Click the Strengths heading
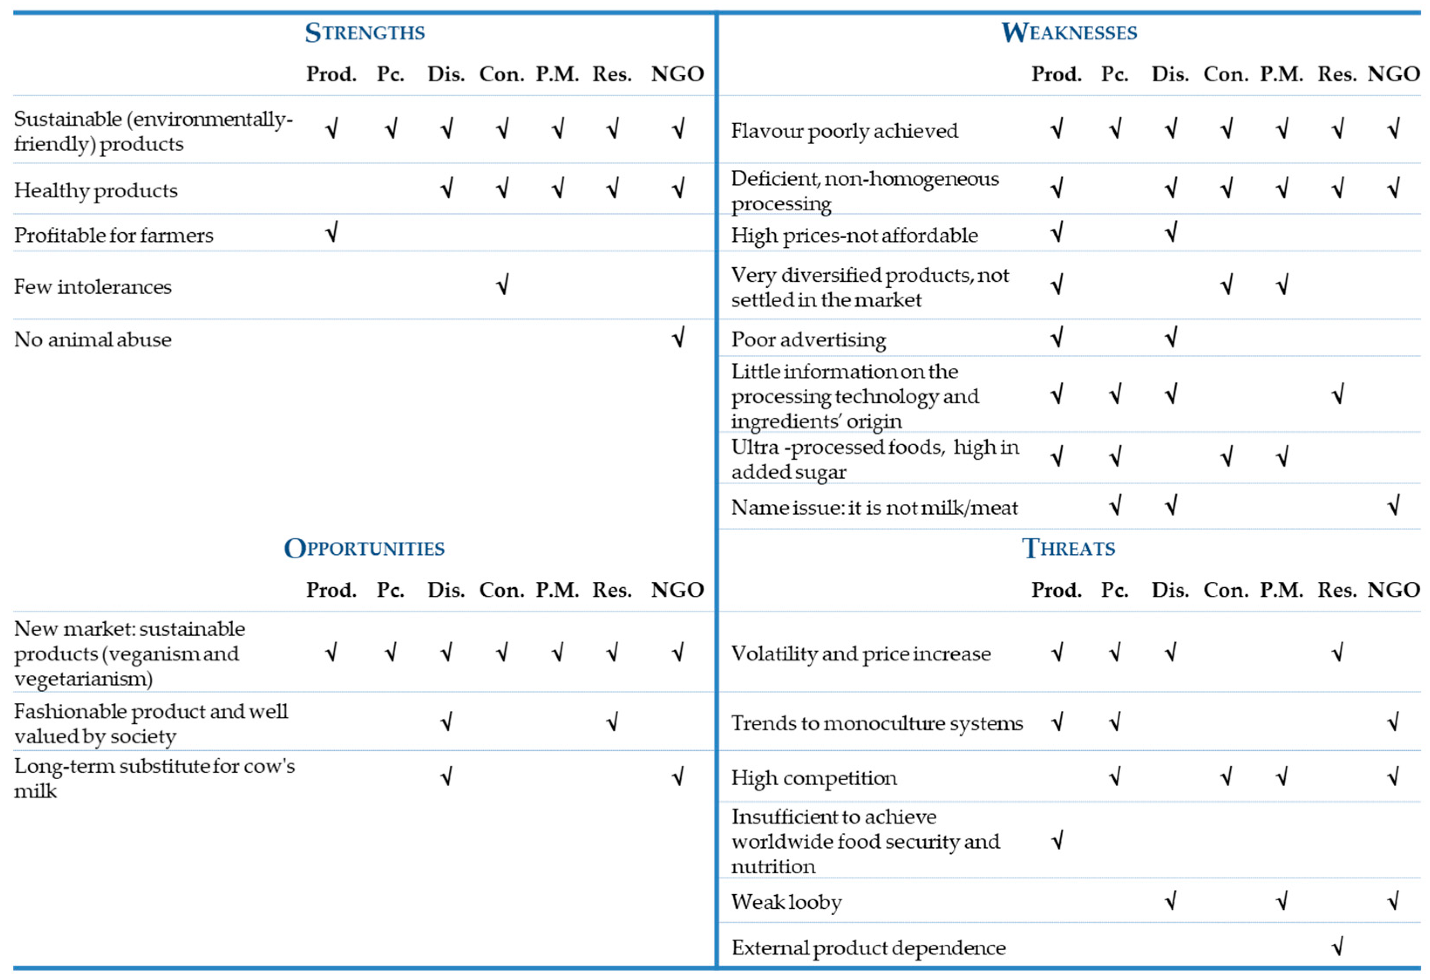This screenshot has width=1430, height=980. coord(364,32)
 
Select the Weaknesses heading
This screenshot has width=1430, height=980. coord(1069,32)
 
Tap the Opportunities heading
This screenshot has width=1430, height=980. coord(364,547)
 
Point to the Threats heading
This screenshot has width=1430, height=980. coord(1068,547)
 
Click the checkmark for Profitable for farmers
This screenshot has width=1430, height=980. coord(332,233)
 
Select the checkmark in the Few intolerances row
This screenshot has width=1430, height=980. coord(502,285)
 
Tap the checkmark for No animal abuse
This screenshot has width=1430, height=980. coord(678,338)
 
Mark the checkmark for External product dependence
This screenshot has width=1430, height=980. coord(1337,946)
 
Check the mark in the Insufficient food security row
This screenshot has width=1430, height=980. coord(1057,840)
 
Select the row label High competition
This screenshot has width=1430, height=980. coord(814,777)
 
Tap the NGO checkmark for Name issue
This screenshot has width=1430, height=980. coord(1393,506)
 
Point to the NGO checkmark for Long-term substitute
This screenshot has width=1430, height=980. coord(678,777)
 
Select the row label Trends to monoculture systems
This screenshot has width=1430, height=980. coord(877,723)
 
